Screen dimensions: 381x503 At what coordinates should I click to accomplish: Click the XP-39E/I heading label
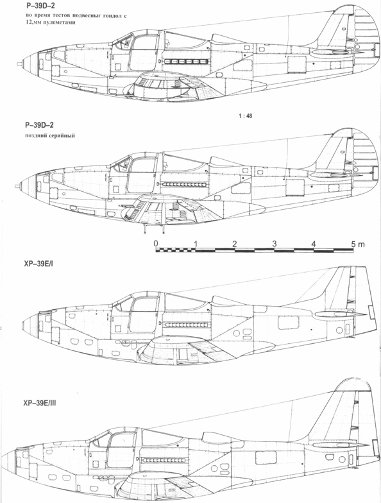40,264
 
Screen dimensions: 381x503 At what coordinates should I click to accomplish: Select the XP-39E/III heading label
40,403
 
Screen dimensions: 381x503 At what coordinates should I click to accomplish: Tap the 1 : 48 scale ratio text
245,115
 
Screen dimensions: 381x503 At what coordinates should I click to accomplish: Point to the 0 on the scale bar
156,243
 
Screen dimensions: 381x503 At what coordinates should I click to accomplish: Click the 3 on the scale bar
275,244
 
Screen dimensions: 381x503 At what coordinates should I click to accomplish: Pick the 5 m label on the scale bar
358,244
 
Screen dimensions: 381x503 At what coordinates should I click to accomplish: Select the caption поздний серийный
50,135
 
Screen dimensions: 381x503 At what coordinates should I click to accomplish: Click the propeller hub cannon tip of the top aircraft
19,64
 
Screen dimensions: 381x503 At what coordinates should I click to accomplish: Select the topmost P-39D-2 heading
40,6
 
